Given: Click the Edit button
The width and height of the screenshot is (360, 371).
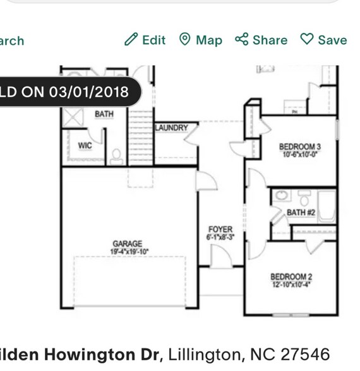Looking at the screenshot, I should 145,40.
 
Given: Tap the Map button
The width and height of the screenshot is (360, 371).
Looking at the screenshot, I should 201,40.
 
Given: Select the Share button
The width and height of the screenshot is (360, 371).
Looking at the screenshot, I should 261,40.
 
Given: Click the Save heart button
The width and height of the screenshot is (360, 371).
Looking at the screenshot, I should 323,40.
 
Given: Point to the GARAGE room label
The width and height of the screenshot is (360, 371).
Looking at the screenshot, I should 127,244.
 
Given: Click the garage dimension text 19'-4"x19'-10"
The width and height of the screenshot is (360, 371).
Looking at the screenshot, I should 127,251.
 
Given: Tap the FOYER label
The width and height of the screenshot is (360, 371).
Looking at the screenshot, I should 220,230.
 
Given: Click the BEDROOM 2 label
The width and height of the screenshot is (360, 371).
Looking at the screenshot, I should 291,276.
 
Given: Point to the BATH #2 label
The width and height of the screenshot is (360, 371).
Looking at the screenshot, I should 301,213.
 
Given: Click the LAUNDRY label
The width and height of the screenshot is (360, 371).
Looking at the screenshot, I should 172,128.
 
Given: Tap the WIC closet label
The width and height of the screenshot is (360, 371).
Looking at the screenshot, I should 85,146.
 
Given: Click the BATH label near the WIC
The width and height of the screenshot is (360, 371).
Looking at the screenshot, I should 104,114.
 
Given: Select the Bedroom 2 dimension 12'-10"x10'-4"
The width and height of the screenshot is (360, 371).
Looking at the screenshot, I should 291,285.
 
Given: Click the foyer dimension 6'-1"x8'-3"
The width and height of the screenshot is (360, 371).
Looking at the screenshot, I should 220,238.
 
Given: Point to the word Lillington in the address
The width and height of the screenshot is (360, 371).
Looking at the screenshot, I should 203,353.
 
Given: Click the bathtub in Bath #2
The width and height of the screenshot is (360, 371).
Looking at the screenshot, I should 327,206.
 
